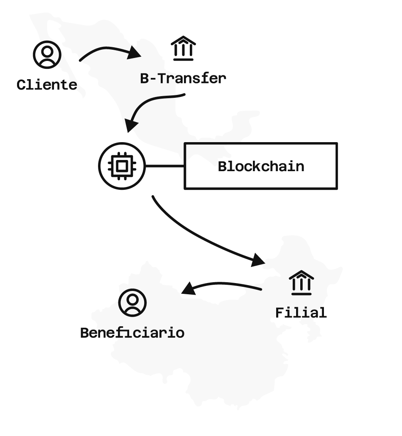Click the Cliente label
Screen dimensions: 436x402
coord(47,85)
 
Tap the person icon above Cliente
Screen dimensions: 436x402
coord(47,54)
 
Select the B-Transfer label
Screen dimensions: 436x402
coord(183,78)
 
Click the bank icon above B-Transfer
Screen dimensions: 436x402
coord(183,48)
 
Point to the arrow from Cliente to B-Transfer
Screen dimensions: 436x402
coord(104,50)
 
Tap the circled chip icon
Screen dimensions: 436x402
coord(121,166)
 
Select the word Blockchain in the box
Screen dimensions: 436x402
coord(261,167)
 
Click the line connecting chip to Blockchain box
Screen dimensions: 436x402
coord(164,166)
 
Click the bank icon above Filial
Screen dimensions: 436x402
coord(301,283)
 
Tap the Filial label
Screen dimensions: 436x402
coord(301,312)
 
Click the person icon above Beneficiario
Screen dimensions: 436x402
coord(132,303)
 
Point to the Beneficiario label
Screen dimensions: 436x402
coord(132,333)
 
